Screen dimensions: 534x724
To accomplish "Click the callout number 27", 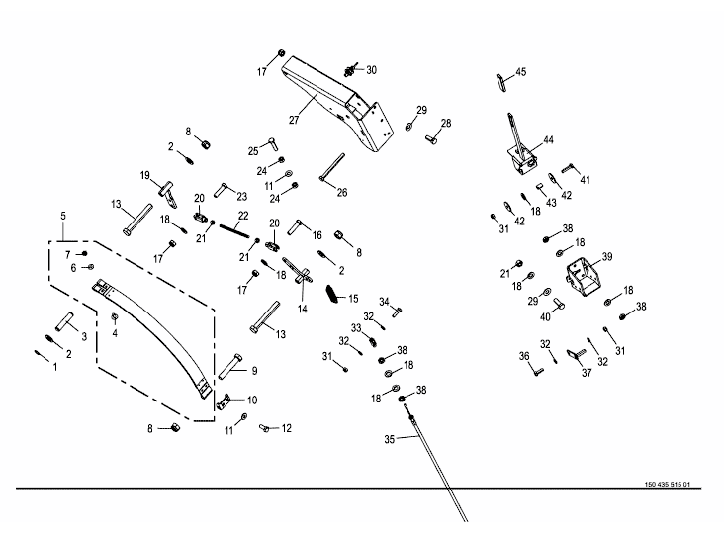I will pos(294,120).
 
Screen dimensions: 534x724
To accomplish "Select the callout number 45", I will pos(521,72).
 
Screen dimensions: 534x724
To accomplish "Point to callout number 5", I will pos(64,216).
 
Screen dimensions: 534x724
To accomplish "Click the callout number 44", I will pos(548,140).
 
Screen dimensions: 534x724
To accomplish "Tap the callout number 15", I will pos(353,298).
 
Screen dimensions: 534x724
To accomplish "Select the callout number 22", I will pos(242,216).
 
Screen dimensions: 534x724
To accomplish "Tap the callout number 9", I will pos(254,370).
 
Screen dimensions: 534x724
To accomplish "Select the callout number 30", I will pos(371,70).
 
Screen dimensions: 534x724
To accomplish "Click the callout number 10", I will pos(252,400).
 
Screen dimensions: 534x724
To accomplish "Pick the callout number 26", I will pos(342,192).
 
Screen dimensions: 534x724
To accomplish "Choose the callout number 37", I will pos(586,373).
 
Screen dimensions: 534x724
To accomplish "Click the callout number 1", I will pos(55,366).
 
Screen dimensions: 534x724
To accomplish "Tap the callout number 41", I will pos(585,179).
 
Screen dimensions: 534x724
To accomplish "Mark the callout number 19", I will pos(144,175).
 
